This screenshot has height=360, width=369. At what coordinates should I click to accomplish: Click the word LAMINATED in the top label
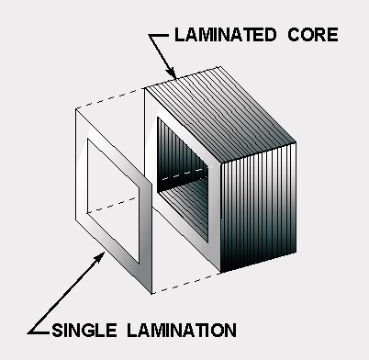pos(226,35)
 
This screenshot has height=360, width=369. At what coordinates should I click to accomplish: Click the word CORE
pos(313,35)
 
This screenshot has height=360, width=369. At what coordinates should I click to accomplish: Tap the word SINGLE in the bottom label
pos(84,331)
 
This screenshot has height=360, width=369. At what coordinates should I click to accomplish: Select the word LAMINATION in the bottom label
pos(182,331)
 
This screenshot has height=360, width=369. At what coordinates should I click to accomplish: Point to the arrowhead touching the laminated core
pos(172,73)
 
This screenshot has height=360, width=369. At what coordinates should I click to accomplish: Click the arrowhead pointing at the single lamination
pos(99,258)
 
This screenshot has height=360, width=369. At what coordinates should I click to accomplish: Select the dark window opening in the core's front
pos(183,179)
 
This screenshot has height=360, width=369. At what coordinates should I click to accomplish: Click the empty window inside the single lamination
pos(113,200)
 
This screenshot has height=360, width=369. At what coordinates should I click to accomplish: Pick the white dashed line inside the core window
pos(183,174)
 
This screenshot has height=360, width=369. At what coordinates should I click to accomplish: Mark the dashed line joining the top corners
pos(110,98)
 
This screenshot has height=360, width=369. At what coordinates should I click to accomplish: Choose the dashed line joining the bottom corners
pos(186,284)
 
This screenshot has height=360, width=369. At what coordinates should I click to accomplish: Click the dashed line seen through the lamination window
pos(113,205)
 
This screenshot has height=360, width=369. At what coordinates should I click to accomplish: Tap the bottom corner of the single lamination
pos(151,293)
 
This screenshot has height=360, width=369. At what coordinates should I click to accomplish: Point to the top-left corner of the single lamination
pos(76,109)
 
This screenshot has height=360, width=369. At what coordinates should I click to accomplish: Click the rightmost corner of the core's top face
pos(296,142)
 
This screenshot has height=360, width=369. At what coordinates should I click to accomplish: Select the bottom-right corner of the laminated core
pos(296,253)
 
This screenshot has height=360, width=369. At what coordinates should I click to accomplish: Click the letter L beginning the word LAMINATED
pos(179,35)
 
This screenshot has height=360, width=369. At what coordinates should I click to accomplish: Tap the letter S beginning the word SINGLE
pos(57,331)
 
